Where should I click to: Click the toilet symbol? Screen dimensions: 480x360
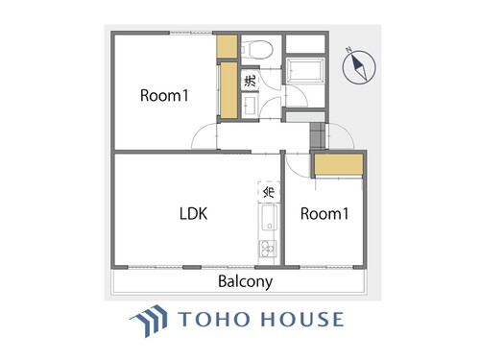[x=257, y=50]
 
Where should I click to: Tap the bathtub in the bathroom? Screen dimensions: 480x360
[x=305, y=70]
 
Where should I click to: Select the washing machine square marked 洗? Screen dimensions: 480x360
[x=250, y=80]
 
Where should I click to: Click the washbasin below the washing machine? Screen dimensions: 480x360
[x=250, y=106]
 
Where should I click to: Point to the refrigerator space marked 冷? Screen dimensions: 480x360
[x=269, y=191]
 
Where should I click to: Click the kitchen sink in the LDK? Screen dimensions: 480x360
[x=269, y=218]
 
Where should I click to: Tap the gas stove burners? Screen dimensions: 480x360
[x=268, y=249]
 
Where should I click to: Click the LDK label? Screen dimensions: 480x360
[x=193, y=214]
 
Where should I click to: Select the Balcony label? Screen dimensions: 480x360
[x=246, y=281]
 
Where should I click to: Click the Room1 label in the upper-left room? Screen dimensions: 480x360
[x=164, y=95]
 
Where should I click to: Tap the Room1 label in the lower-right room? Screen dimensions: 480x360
[x=324, y=214]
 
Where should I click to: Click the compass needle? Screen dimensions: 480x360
[x=359, y=66]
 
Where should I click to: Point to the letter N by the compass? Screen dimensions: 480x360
[x=348, y=49]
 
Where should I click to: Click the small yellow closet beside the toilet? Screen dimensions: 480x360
[x=227, y=46]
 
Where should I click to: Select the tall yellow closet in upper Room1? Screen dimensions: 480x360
[x=228, y=90]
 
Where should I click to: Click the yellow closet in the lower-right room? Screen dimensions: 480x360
[x=339, y=165]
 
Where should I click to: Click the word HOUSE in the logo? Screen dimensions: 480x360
[x=302, y=320]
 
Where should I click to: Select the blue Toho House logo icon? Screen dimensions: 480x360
[x=149, y=321]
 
